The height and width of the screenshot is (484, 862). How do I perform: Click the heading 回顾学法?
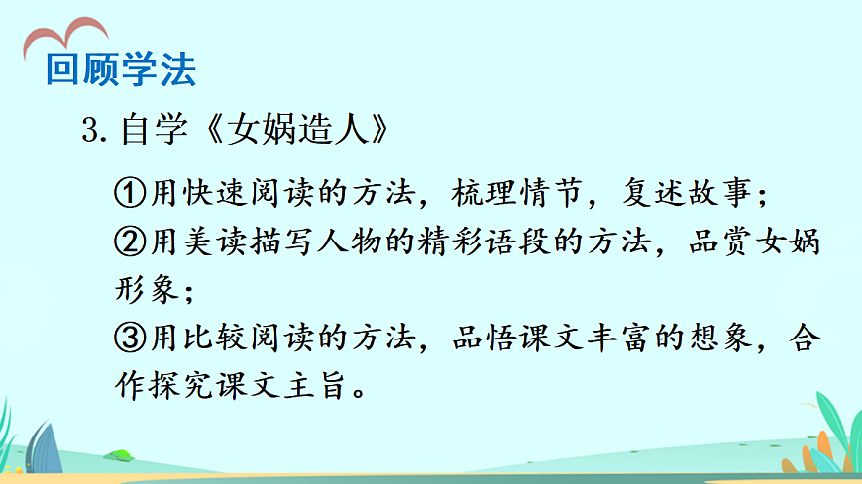121,69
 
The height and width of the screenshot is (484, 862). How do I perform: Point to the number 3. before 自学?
95,130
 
